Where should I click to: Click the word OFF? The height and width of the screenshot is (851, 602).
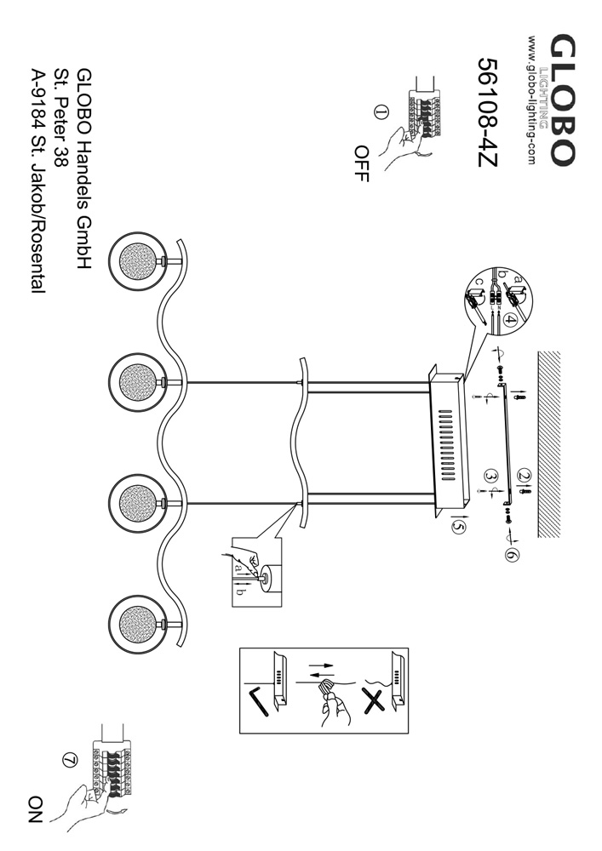pyautogui.click(x=361, y=161)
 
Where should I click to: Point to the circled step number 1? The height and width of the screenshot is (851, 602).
pyautogui.click(x=381, y=111)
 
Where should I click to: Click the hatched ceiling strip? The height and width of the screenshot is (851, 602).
pyautogui.click(x=557, y=443)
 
